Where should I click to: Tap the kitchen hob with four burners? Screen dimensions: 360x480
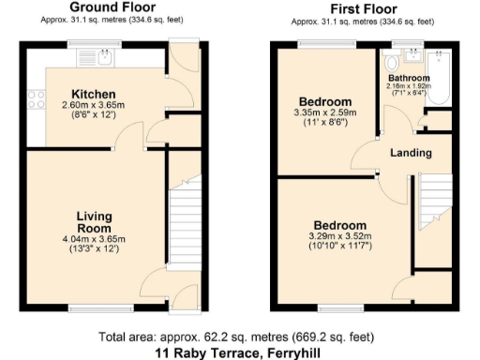tap(37, 97)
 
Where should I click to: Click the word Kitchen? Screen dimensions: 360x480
tap(94, 95)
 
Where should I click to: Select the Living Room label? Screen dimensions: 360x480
tap(94, 222)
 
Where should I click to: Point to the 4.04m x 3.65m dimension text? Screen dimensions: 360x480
tap(94, 240)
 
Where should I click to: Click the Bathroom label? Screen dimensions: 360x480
tap(409, 78)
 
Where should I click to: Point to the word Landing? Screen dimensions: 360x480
tap(412, 153)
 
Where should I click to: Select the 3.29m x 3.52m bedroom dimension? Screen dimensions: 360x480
tap(339, 237)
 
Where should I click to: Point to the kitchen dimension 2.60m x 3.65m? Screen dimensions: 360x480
tap(94, 106)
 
